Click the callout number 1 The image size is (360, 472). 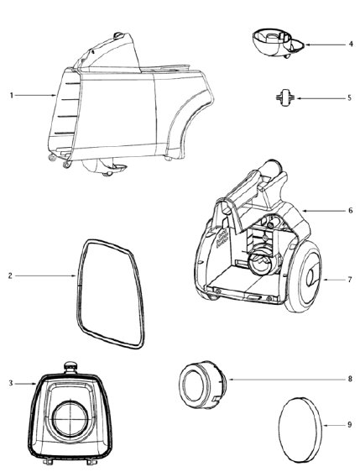coord(12,96)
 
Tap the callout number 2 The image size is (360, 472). coord(10,275)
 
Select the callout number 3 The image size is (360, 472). coord(11,383)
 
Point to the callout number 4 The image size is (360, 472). coord(351,45)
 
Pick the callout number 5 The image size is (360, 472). coord(349,97)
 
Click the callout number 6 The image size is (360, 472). coord(351,211)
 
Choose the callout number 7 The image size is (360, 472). coord(349,280)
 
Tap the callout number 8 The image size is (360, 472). coord(350,379)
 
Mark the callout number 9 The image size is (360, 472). coord(349,425)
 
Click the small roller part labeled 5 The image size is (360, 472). coord(284,97)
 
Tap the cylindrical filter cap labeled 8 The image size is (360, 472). coord(202,384)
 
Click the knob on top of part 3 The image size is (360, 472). coord(71,367)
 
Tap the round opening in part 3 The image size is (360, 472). coord(70,419)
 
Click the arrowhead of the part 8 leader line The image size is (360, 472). coord(228,380)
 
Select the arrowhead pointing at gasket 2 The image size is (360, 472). coord(75,275)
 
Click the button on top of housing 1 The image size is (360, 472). coord(118,35)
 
